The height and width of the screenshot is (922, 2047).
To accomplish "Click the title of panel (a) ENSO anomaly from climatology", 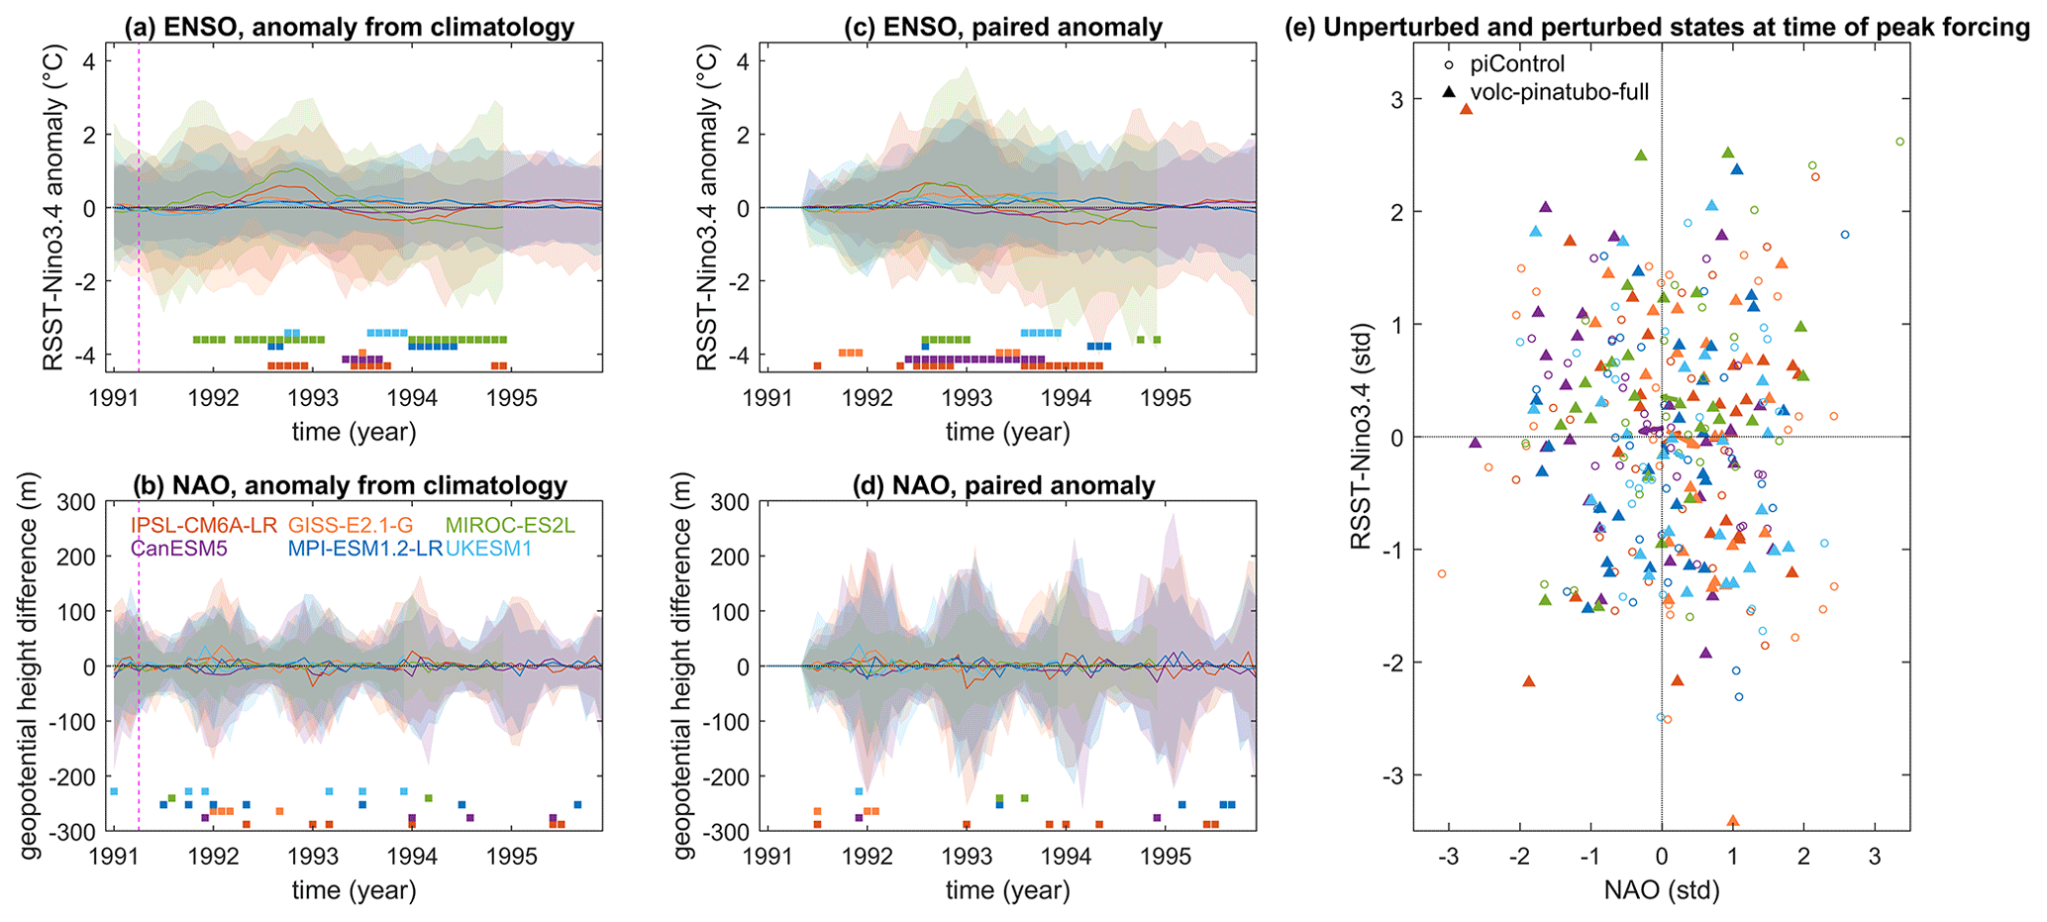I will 350,27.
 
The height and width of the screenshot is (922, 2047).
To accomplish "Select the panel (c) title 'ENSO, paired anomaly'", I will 1003,27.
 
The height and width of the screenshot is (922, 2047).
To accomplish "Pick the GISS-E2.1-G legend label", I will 351,525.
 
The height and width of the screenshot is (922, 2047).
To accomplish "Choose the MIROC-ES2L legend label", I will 510,525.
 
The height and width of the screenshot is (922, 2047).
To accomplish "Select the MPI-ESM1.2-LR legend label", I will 364,548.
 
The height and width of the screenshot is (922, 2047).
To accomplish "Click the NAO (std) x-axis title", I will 1662,889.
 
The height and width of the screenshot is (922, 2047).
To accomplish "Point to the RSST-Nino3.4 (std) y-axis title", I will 1365,436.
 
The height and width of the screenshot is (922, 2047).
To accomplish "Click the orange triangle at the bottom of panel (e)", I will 1733,820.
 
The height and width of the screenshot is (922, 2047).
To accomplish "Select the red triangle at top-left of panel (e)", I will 1467,109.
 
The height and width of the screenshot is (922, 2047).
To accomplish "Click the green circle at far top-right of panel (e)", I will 1899,142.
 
